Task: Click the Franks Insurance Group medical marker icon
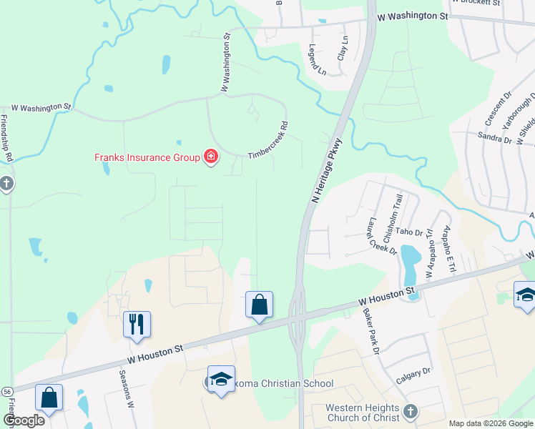pos(210,157)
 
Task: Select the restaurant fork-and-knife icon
pos(136,323)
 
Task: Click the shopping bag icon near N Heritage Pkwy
pos(258,305)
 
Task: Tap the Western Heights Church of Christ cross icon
pos(410,411)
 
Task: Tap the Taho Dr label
pos(410,232)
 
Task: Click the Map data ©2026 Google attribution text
pos(491,423)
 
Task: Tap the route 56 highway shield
pos(7,392)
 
